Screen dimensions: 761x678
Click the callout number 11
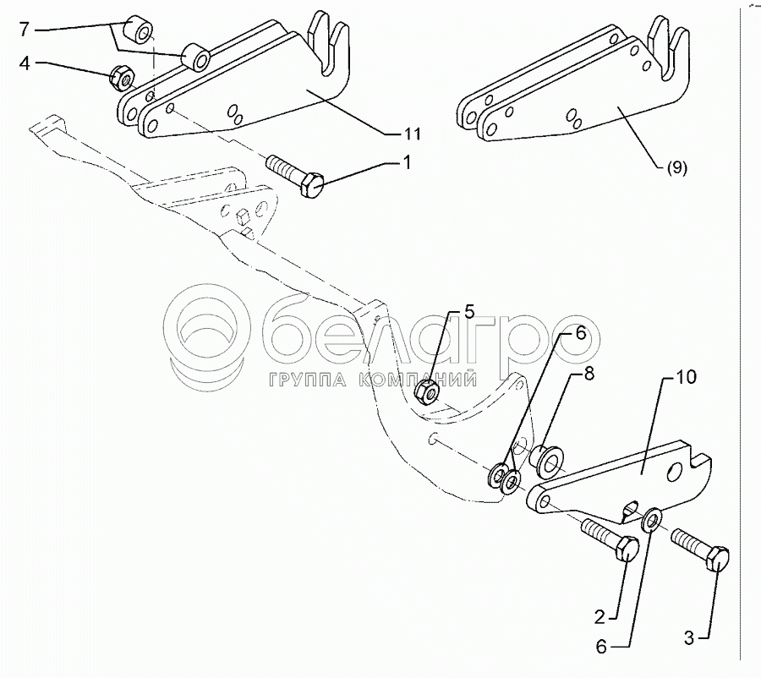413,134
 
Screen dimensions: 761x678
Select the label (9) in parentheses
676,167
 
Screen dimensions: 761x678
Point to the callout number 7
25,30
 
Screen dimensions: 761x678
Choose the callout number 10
687,377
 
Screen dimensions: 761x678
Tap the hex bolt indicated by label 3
702,550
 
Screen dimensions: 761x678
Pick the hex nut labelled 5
428,391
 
